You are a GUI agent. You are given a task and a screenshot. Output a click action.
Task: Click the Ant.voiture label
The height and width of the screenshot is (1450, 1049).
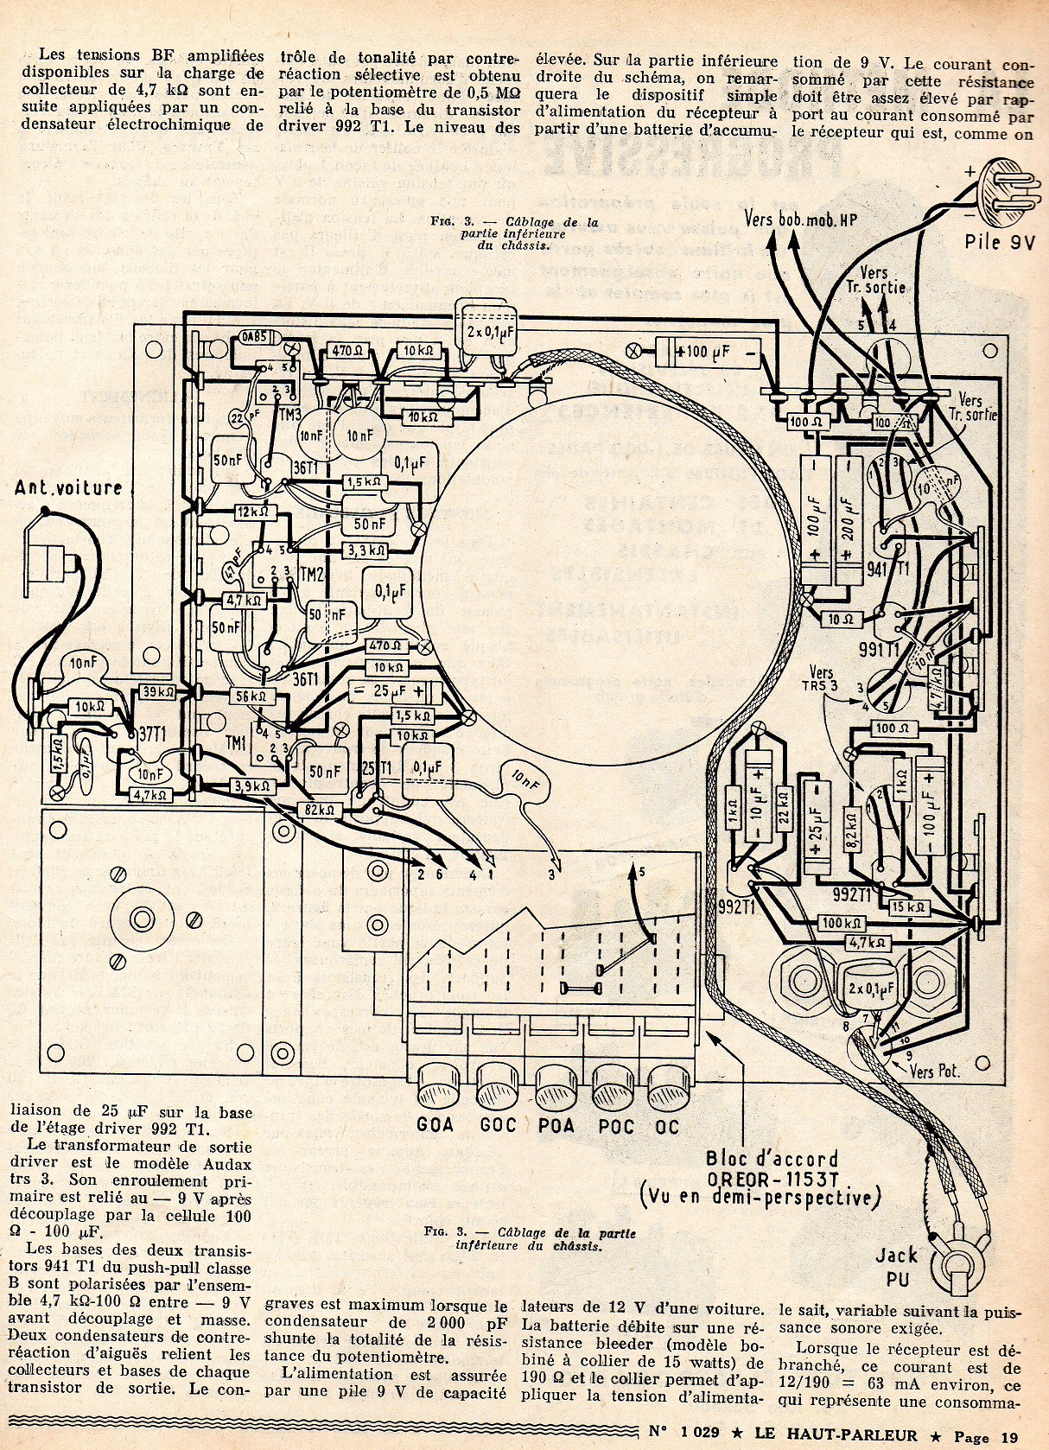(x=69, y=488)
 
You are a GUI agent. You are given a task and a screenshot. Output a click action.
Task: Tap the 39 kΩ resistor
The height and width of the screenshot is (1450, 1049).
(x=158, y=691)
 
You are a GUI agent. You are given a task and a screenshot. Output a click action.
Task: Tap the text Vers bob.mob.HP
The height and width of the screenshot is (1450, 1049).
(x=800, y=219)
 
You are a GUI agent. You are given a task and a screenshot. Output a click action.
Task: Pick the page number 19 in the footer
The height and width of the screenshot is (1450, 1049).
(x=1009, y=1436)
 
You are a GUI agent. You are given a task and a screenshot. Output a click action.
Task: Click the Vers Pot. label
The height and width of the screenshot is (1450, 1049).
(x=935, y=1072)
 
